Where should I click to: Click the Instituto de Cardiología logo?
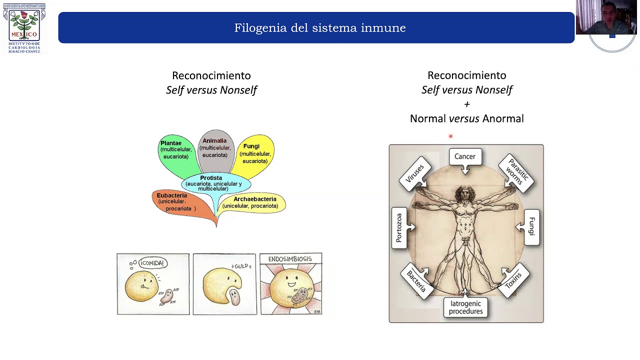point(24,28)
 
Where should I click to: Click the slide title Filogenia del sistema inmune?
point(320,28)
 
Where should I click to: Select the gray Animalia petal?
point(215,148)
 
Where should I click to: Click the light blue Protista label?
point(212,183)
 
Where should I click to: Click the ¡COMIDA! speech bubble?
point(152,263)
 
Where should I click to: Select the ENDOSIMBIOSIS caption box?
point(290,259)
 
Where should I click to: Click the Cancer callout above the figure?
point(465,157)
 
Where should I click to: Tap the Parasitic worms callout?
point(516,173)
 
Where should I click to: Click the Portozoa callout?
point(399,228)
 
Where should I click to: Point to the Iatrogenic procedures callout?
point(465,307)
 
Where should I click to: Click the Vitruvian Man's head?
point(465,193)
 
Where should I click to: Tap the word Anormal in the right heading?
point(502,118)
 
